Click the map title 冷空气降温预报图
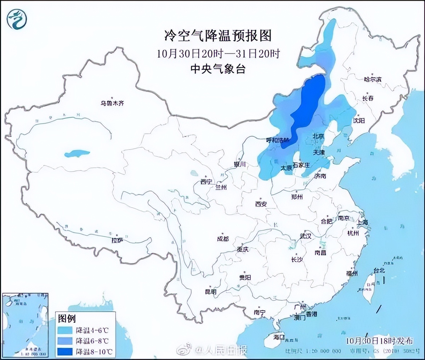pyautogui.click(x=218, y=36)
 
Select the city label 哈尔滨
pyautogui.click(x=373, y=80)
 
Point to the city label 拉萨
pyautogui.click(x=117, y=241)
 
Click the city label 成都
pyautogui.click(x=223, y=239)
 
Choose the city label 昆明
pyautogui.click(x=211, y=292)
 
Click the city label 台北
pyautogui.click(x=379, y=271)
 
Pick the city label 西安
pyautogui.click(x=261, y=204)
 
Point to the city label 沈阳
pyautogui.click(x=358, y=121)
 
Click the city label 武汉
pyautogui.click(x=305, y=236)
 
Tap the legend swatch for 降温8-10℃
pyautogui.click(x=66, y=351)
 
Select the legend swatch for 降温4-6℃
pyautogui.click(x=66, y=330)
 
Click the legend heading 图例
pyautogui.click(x=67, y=318)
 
